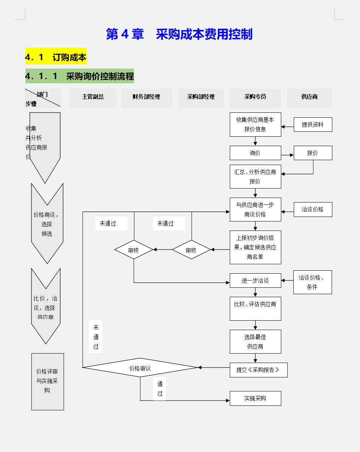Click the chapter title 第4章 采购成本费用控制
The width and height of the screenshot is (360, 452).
(x=179, y=34)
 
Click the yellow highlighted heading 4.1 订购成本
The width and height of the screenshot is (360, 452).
(x=56, y=57)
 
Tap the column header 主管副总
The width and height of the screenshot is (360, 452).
(x=93, y=97)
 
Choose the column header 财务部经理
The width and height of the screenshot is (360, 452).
(x=146, y=97)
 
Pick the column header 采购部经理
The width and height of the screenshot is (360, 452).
(x=201, y=97)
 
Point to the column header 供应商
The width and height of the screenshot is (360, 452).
(x=309, y=97)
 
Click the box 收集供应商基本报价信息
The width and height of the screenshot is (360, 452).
(x=255, y=124)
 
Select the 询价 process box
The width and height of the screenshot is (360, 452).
(x=255, y=153)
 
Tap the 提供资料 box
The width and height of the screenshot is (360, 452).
(x=313, y=125)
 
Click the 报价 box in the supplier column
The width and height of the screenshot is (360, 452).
(x=313, y=153)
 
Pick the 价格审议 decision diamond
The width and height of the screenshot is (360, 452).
(x=140, y=368)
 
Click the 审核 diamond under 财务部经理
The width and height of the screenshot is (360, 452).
(x=191, y=250)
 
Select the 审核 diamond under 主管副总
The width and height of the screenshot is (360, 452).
(x=134, y=250)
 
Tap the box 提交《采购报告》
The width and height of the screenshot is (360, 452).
(x=258, y=370)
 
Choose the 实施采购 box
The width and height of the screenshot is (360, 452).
(x=255, y=398)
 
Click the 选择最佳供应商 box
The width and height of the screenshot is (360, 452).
(x=255, y=341)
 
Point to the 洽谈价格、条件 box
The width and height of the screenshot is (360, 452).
(x=312, y=282)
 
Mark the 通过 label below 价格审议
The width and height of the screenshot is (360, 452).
(x=160, y=388)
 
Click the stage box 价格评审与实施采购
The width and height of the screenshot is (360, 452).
(x=47, y=381)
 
